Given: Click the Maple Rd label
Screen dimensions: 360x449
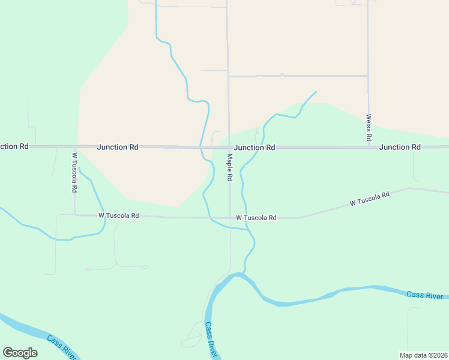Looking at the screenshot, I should click(x=229, y=167).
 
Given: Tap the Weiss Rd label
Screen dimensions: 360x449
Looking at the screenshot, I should click(x=369, y=128).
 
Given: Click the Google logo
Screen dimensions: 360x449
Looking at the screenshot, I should click(x=20, y=353).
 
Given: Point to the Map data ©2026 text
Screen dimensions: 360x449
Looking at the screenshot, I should click(x=423, y=355).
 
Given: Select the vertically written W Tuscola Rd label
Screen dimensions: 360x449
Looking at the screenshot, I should click(x=74, y=172).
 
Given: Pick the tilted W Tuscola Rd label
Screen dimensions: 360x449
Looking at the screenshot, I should click(x=370, y=199).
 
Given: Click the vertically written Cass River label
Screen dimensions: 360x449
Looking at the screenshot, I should click(x=210, y=340).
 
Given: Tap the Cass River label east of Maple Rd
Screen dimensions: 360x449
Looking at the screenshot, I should click(x=424, y=295).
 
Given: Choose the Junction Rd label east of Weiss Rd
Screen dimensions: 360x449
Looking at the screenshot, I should click(x=399, y=147).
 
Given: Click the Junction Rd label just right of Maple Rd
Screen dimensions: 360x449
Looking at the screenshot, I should click(x=255, y=147).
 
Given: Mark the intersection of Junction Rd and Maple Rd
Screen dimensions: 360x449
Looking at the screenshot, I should click(x=228, y=147).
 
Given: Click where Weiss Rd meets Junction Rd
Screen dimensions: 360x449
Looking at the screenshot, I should click(x=368, y=146).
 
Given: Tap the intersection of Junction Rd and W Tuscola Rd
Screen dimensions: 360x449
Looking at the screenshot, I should click(x=74, y=146).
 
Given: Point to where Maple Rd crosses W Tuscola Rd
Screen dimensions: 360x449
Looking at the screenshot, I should click(x=229, y=218).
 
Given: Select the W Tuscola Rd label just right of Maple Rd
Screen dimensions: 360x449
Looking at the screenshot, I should click(x=256, y=218).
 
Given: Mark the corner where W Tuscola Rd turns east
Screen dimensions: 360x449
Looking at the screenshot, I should click(x=75, y=214).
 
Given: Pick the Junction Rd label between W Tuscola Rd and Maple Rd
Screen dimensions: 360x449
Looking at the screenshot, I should click(x=118, y=146).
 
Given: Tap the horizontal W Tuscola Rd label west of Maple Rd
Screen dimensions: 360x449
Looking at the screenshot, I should click(x=119, y=215).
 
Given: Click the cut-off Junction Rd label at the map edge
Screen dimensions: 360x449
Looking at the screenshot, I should click(x=14, y=146).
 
